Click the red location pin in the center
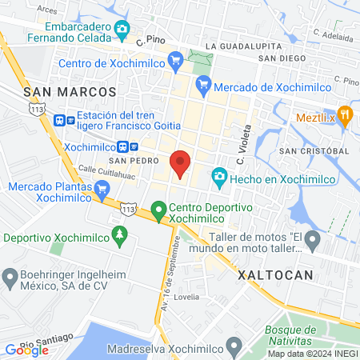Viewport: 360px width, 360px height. point(181,164)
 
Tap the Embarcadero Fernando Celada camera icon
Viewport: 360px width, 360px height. point(122,30)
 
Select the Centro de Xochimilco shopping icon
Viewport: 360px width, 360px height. point(177,64)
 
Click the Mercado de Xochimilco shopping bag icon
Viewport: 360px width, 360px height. point(203,82)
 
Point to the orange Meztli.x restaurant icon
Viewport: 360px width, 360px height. point(345,114)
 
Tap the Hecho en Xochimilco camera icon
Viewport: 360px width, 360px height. point(218,176)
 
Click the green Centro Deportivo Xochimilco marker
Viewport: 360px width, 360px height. point(159,211)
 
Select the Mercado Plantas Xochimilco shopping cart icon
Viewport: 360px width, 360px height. point(101,190)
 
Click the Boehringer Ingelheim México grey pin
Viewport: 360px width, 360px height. point(10,279)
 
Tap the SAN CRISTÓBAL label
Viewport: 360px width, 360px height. point(314,150)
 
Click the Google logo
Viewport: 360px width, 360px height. point(26,350)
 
